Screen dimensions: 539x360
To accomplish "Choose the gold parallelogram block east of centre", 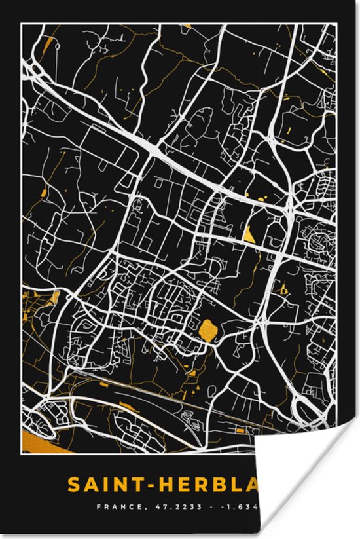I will (x=249, y=234).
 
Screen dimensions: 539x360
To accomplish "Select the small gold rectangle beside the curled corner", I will (x=241, y=430).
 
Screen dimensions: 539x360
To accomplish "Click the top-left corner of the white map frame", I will (x=21, y=24).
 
